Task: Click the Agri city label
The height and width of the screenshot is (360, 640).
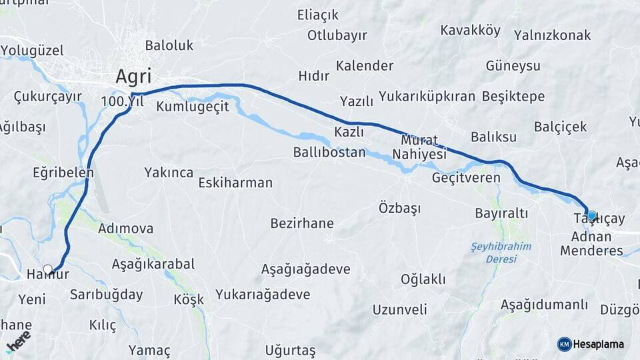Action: pos(133,76)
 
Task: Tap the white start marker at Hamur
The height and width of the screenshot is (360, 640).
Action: pos(47,270)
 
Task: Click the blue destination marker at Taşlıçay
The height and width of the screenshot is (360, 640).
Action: pos(591,215)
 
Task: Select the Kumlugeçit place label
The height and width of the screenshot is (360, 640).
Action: pos(193,106)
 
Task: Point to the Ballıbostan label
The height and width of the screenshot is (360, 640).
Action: pos(329,152)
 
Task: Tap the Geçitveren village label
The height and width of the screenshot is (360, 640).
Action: pos(466,178)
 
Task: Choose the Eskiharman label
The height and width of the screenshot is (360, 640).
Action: pos(235,182)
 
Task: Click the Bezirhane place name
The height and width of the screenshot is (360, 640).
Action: pos(302,223)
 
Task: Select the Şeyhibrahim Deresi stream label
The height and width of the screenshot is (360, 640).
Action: pos(501,252)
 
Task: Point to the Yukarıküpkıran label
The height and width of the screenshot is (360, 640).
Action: pos(427,97)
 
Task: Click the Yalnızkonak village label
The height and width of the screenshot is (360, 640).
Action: pos(553,35)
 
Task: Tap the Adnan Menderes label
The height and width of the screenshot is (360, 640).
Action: pos(591,244)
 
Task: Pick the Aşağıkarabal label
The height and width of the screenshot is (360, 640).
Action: pos(153,264)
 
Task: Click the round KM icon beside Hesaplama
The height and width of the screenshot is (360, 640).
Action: pos(564,344)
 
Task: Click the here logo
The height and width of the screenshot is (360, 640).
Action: pos(19,341)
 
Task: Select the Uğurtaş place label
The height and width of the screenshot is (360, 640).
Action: pos(290,350)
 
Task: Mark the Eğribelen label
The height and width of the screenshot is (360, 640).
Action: pos(63,172)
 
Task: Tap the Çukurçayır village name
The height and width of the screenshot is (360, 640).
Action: pos(47,97)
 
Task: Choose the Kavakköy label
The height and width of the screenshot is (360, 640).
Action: pos(471,30)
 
